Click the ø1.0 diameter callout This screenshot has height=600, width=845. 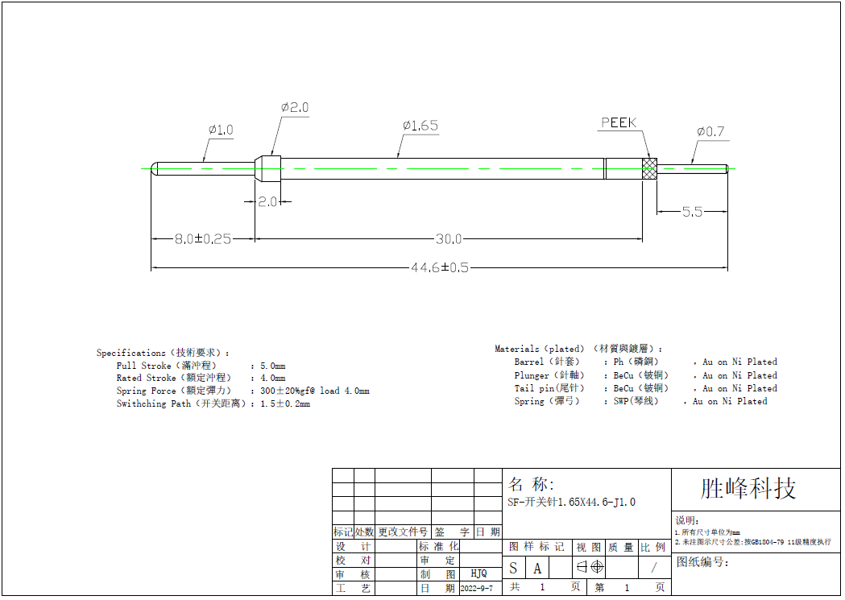(220, 130)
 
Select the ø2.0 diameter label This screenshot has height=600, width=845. (295, 107)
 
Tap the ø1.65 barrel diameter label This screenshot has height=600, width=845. (420, 126)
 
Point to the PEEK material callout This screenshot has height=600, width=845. (619, 123)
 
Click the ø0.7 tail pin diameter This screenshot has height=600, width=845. (710, 131)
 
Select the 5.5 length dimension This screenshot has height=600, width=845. (692, 212)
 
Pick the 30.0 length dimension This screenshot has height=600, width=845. (449, 239)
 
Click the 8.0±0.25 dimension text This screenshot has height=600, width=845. (203, 239)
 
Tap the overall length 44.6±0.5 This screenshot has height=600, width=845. (440, 268)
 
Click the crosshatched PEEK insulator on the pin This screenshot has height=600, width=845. (650, 168)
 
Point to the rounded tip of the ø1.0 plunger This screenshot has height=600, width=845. (155, 168)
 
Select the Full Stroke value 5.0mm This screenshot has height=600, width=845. (272, 366)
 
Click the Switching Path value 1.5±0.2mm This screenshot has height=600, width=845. (284, 404)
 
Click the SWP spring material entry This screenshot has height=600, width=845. (630, 401)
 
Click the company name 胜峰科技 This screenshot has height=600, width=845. (748, 488)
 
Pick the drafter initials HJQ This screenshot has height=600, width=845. (478, 573)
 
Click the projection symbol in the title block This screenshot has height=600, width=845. (590, 567)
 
